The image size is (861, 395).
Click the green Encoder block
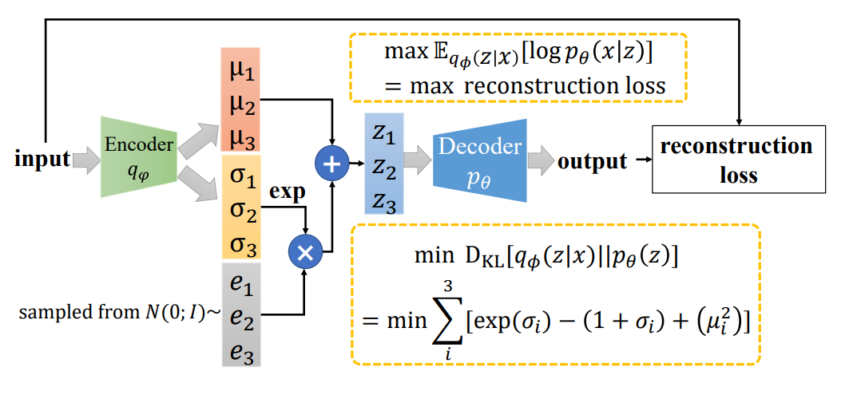pyautogui.click(x=138, y=156)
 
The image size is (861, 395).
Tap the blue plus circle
pyautogui.click(x=331, y=164)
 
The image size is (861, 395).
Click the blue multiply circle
pyautogui.click(x=304, y=251)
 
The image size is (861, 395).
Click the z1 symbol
pyautogui.click(x=384, y=134)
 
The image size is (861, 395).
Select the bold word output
pyautogui.click(x=592, y=161)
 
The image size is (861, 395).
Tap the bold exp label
pyautogui.click(x=287, y=195)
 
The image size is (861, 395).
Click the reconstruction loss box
pyautogui.click(x=738, y=159)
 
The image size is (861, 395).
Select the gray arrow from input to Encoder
pyautogui.click(x=86, y=160)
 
